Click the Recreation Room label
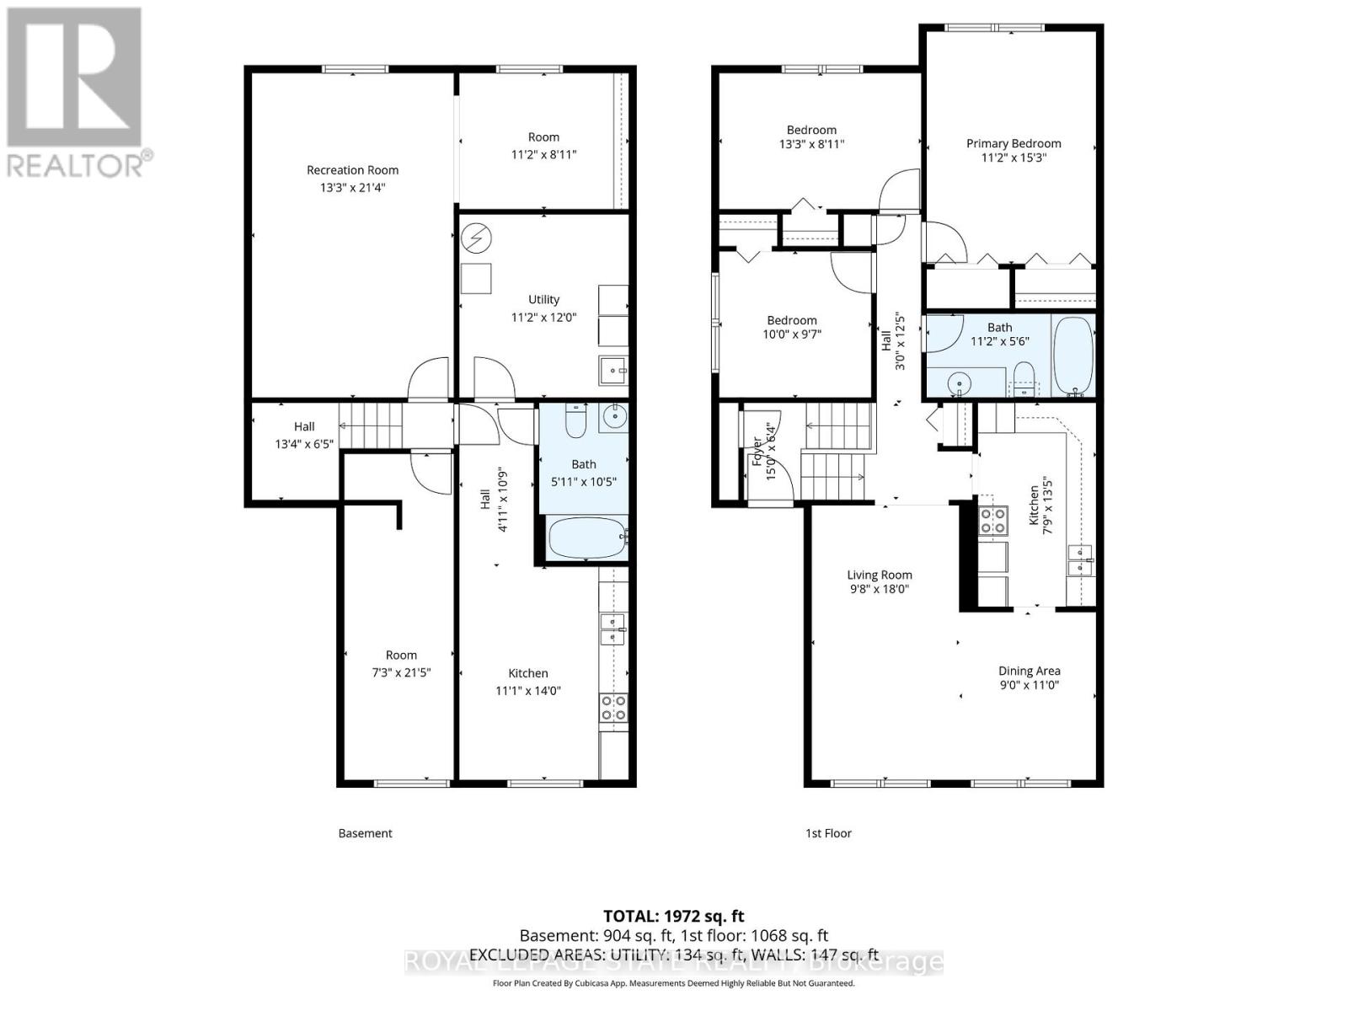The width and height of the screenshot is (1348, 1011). point(352,170)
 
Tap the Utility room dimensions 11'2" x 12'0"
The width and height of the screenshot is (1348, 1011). point(543,318)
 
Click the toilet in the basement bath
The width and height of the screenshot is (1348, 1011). point(576,421)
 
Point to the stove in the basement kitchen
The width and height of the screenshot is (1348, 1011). point(612,708)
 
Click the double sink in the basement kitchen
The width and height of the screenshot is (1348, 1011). point(612,629)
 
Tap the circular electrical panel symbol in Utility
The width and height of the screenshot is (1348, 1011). point(476,238)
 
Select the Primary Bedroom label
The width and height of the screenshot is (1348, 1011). point(1013,143)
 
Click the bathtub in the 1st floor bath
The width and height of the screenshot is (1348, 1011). point(1073,354)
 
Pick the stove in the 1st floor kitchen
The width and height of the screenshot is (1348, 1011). point(992,520)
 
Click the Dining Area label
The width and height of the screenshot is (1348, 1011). point(1029,671)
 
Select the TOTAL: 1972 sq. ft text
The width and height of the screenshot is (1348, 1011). point(673,916)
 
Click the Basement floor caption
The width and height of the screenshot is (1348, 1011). point(365,833)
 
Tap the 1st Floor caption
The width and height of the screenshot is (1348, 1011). point(827,833)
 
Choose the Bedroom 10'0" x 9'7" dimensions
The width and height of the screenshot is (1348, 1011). point(792,334)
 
